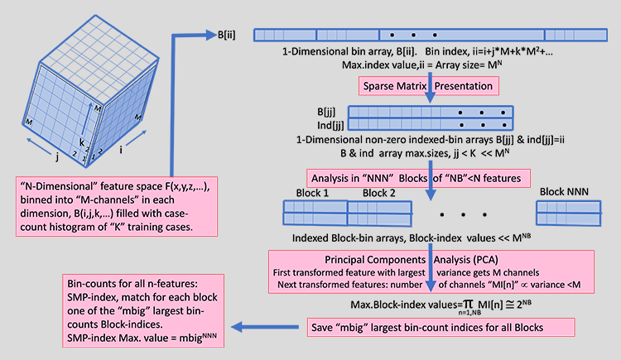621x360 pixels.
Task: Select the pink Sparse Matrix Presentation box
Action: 427,85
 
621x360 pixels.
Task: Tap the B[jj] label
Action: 330,112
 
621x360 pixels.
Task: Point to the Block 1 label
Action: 312,193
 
